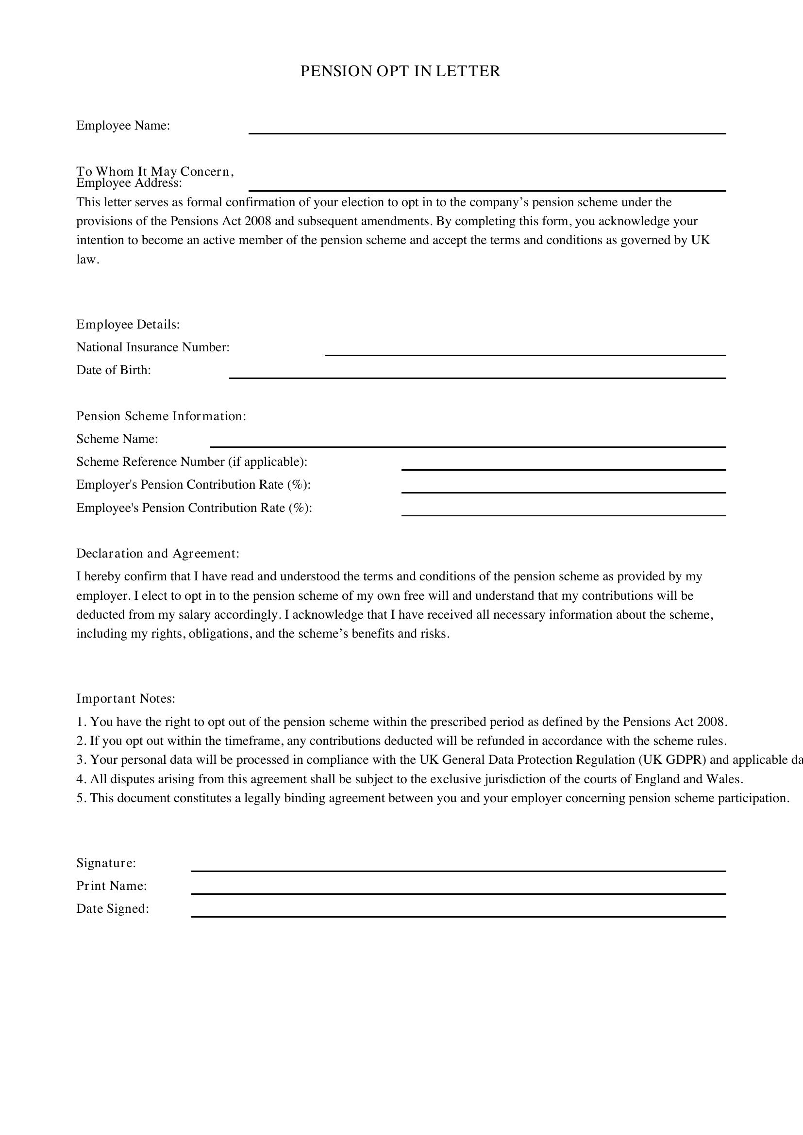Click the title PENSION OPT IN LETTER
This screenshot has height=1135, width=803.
pyautogui.click(x=400, y=72)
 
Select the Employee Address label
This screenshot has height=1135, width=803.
pyautogui.click(x=129, y=184)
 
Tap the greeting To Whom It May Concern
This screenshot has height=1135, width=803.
pyautogui.click(x=154, y=171)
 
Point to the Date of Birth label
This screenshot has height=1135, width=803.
pyautogui.click(x=113, y=370)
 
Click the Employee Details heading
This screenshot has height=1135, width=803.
pyautogui.click(x=128, y=325)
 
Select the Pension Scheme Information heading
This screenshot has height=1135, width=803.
pyautogui.click(x=161, y=416)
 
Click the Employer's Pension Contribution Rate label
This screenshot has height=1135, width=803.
pyautogui.click(x=193, y=485)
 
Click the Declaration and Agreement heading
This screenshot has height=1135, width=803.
pyautogui.click(x=157, y=554)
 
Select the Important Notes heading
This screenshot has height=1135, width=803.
pyautogui.click(x=126, y=699)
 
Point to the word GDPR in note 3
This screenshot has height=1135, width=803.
pyautogui.click(x=685, y=760)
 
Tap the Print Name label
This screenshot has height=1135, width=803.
pyautogui.click(x=111, y=886)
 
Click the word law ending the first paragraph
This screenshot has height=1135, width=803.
pyautogui.click(x=86, y=260)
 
